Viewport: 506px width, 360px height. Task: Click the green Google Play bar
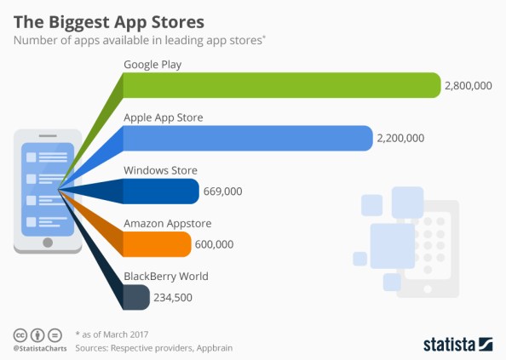[x=281, y=85]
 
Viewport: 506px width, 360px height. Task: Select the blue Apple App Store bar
[x=247, y=138]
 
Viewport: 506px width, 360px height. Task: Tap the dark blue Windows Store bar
[x=162, y=191]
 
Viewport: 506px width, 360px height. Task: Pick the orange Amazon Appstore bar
[x=158, y=244]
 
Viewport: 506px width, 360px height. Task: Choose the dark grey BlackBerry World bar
[x=136, y=297]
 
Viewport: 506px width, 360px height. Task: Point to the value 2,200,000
[x=401, y=139]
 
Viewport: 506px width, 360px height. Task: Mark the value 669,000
[x=223, y=191]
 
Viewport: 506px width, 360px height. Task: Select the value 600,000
[x=215, y=245]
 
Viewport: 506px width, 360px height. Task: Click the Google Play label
[x=152, y=65]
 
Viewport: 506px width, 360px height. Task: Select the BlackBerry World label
[x=166, y=276]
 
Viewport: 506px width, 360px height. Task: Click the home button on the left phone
[x=48, y=242]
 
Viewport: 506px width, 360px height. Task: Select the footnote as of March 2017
[x=114, y=334]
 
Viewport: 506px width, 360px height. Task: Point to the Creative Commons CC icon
[x=20, y=334]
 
